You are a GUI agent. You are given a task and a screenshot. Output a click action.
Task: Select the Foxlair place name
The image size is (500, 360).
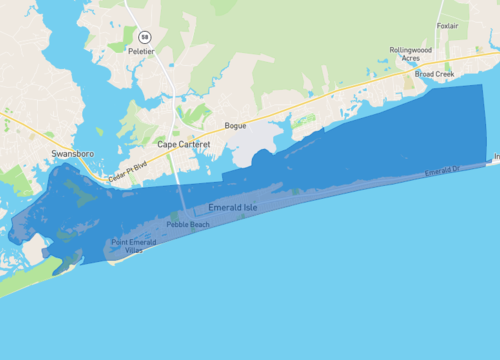[x=448, y=26]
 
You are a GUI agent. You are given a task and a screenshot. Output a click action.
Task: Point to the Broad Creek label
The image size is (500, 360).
[x=434, y=73]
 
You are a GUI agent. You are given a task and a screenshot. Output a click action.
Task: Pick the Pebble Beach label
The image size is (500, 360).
[x=189, y=225]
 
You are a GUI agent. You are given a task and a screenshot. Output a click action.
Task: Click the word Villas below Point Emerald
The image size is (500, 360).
[x=133, y=250]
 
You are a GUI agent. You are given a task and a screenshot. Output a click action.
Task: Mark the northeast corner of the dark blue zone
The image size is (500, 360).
[x=481, y=85]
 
